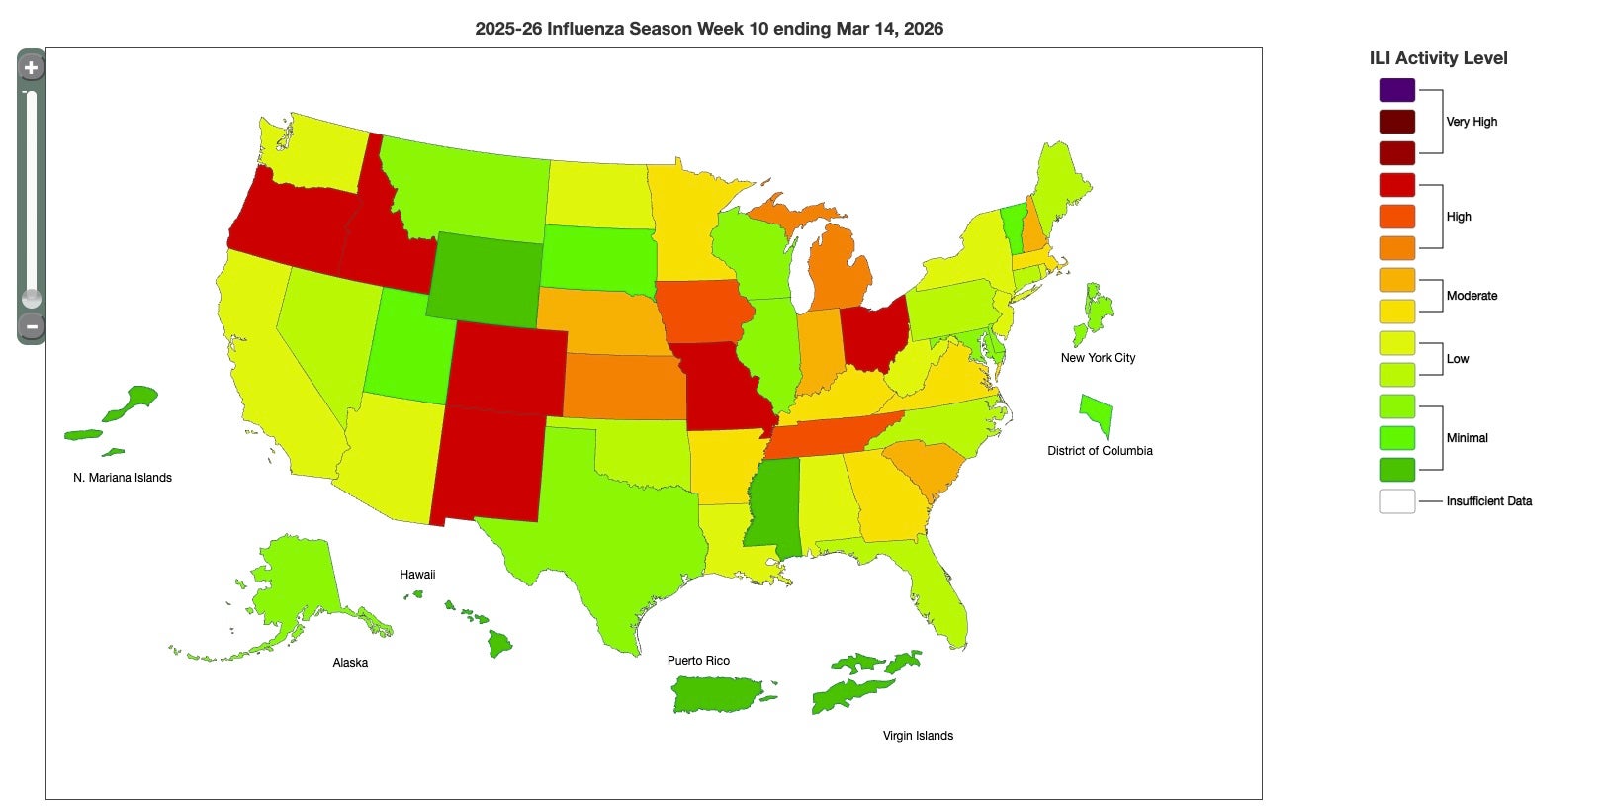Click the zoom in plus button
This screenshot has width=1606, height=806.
click(31, 68)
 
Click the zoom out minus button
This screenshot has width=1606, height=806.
click(31, 326)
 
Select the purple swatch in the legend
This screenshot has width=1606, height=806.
click(1396, 90)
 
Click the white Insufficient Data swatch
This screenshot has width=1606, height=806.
click(1396, 501)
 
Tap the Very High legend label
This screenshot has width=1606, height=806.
click(1472, 122)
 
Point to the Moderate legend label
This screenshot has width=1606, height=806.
click(1472, 296)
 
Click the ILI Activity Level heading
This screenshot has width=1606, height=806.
click(1438, 58)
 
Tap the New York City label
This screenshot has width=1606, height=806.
click(1098, 358)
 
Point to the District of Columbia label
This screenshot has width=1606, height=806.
click(1100, 451)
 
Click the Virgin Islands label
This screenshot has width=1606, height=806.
click(918, 736)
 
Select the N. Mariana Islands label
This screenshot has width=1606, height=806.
click(123, 478)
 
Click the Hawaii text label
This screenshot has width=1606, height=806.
click(417, 575)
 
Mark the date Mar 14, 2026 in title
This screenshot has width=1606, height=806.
click(889, 29)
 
